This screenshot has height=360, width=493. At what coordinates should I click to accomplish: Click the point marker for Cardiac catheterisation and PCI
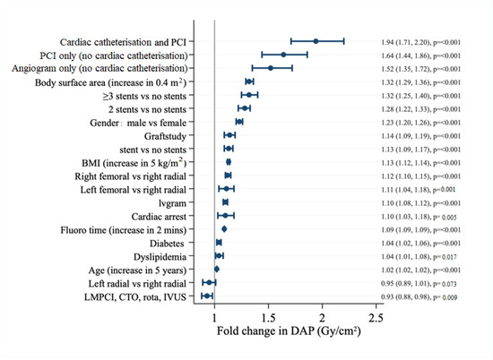tap(316, 41)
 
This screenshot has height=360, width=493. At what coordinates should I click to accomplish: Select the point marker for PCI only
tap(283, 55)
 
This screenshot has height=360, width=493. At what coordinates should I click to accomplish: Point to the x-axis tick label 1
tap(214, 319)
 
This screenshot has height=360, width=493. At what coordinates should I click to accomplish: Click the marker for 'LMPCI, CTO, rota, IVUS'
tap(207, 295)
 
